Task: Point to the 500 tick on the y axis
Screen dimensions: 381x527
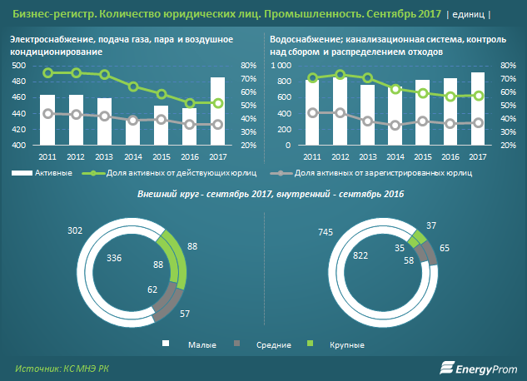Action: click(19, 66)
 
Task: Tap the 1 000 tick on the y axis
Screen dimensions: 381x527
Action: click(281, 66)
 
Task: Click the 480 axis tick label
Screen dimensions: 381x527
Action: click(19, 82)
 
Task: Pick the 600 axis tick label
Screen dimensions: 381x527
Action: click(284, 97)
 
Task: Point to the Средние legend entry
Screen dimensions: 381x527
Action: click(268, 344)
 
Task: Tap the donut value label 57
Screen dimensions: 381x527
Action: click(185, 314)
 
